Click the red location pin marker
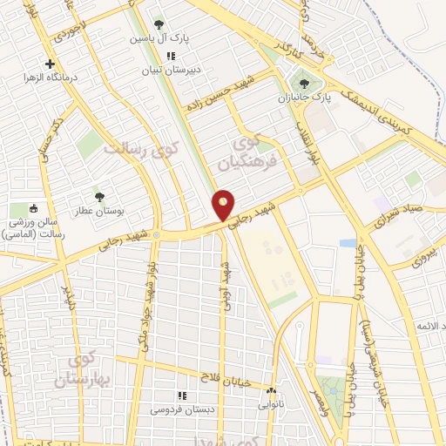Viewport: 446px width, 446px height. (x=224, y=206)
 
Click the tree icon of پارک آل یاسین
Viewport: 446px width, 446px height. (x=158, y=24)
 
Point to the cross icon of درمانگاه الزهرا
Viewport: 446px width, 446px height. (x=51, y=64)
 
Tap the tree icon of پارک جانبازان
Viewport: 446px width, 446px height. (x=302, y=85)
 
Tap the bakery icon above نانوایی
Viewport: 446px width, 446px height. (x=272, y=391)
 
